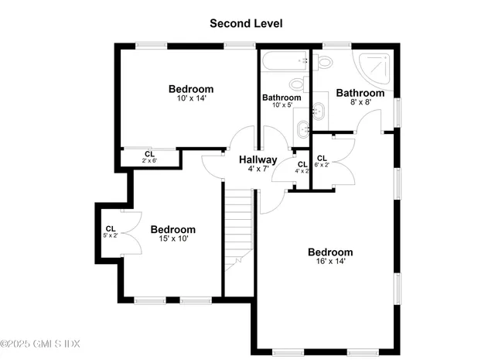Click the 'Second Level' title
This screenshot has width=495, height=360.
246,23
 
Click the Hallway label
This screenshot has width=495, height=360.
258,159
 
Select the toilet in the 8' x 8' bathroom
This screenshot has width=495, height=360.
325,61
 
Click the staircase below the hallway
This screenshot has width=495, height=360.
239,225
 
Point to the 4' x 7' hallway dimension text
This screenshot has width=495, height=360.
258,169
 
